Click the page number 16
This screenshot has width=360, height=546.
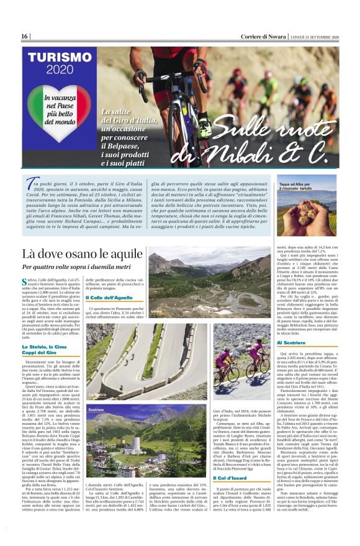tap(25, 37)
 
